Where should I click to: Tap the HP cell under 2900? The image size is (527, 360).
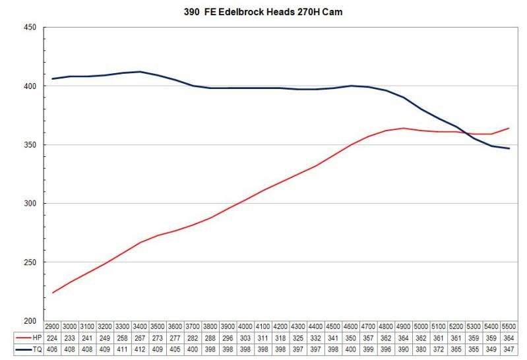pyautogui.click(x=53, y=337)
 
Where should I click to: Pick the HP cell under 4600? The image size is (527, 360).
pyautogui.click(x=351, y=337)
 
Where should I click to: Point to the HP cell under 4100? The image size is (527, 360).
pyautogui.click(x=263, y=337)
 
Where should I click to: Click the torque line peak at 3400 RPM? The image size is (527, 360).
pyautogui.click(x=140, y=72)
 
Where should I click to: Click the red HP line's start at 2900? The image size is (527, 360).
pyautogui.click(x=53, y=293)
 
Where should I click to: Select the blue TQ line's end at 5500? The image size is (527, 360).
pyautogui.click(x=509, y=148)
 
